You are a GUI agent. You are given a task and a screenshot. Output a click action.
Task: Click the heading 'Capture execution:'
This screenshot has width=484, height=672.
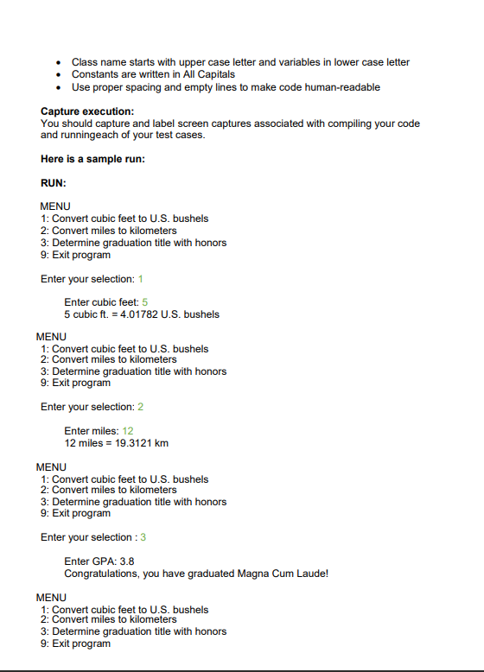(x=87, y=111)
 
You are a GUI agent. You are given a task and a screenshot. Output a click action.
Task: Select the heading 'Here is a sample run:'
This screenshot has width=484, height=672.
(x=92, y=159)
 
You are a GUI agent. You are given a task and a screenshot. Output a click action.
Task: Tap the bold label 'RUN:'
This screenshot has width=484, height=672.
(x=54, y=183)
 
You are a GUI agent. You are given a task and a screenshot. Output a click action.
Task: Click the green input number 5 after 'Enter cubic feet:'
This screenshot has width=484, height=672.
(x=146, y=302)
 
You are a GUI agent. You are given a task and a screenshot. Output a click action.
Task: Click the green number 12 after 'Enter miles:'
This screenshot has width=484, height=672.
(x=128, y=431)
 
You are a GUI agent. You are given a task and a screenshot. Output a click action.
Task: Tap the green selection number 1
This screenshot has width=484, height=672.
(x=140, y=279)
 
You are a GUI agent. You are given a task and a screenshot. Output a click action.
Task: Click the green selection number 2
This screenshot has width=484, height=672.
(x=140, y=407)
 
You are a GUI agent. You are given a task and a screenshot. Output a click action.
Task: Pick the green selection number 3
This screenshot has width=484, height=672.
(x=143, y=537)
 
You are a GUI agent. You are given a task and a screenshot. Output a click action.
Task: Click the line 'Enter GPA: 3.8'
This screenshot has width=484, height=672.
(x=99, y=561)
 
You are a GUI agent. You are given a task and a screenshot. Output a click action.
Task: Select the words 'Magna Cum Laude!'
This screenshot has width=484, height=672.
(x=290, y=574)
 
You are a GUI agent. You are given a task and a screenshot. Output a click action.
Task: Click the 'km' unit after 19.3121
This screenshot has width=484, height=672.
(x=161, y=443)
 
